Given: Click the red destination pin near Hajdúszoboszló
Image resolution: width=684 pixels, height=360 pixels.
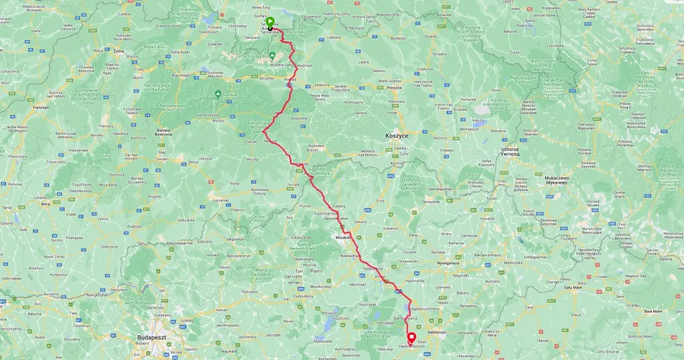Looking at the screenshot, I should pyautogui.click(x=411, y=337).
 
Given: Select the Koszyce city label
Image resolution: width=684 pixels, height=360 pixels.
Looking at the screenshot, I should pyautogui.click(x=397, y=135).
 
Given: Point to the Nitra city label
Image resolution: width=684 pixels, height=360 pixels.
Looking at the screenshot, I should pyautogui.click(x=45, y=204).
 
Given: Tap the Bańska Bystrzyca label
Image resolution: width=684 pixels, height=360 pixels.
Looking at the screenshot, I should pyautogui.click(x=159, y=132).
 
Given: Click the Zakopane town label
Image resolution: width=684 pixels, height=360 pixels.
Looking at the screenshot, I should pyautogui.click(x=252, y=38).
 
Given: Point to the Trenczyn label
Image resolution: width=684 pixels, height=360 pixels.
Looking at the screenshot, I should pyautogui.click(x=41, y=107).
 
